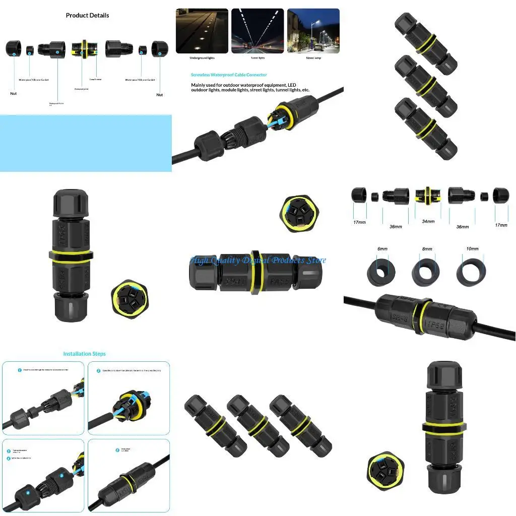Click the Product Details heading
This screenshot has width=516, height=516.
pos(87,15)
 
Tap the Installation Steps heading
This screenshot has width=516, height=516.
pos(84,354)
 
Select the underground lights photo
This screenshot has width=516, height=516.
pos(202,31)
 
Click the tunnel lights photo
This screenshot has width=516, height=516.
pos(257,31)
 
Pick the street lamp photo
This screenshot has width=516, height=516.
pos(313,31)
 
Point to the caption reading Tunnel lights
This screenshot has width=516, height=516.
pos(257,58)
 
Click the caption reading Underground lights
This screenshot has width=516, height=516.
pos(202,58)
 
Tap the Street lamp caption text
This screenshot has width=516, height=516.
pos(313,58)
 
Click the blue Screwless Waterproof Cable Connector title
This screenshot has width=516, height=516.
pos(229,75)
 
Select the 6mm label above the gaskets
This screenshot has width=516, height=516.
pos(382,249)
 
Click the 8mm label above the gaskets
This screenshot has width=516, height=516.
pos(427,249)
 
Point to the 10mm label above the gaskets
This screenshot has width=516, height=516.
pos(472,249)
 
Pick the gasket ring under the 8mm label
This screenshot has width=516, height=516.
pos(426,271)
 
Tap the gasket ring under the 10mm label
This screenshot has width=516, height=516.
pos(472,271)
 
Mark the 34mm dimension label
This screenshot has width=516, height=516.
pos(427,221)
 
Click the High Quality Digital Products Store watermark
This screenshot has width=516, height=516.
pos(258,260)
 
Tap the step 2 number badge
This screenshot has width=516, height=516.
pos(99,370)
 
